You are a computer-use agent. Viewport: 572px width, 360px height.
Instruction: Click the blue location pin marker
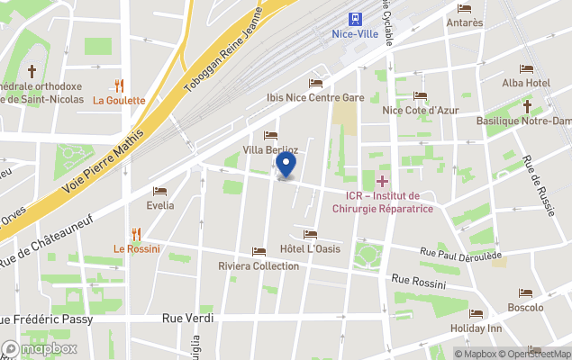click(286, 165)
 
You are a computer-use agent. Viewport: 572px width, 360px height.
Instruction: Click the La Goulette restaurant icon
click(118, 85)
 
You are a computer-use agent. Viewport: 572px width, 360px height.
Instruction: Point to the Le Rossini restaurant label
click(137, 248)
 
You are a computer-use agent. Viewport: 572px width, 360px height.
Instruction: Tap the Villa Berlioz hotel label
click(270, 149)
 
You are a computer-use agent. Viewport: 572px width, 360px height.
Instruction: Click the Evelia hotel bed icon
click(159, 192)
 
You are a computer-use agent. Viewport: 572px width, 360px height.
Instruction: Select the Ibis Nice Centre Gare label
click(314, 97)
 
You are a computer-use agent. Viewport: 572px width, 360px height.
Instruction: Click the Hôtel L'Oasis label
click(310, 248)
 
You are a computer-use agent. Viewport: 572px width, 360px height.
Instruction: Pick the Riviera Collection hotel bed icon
click(259, 252)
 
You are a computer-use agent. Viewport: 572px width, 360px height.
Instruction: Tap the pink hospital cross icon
click(382, 181)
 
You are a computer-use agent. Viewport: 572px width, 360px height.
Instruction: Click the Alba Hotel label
click(526, 83)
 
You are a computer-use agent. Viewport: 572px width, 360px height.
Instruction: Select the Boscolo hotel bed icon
click(525, 293)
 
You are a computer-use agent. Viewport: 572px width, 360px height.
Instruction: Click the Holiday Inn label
click(476, 328)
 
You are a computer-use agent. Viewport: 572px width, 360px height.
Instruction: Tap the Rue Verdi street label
click(183, 318)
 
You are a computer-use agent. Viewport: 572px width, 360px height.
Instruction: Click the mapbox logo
click(40, 348)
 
